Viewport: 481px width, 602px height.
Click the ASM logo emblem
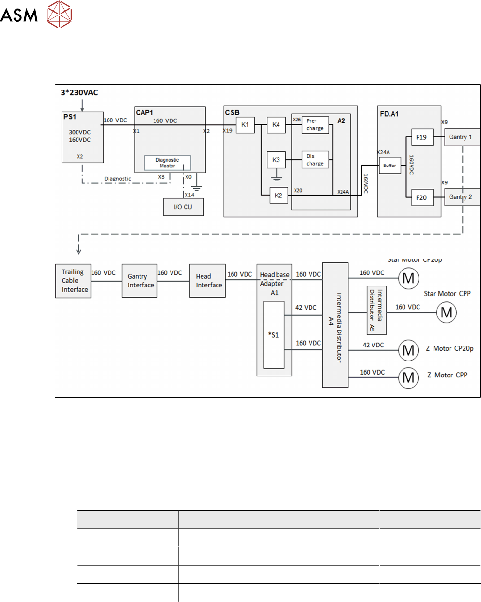[59, 14]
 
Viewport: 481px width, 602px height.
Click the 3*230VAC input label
[79, 92]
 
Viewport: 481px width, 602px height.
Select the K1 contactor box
[245, 125]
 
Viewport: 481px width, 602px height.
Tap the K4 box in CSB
[276, 125]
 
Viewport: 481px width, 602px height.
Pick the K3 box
[276, 160]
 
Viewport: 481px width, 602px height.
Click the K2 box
[278, 196]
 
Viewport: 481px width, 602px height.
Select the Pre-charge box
[315, 125]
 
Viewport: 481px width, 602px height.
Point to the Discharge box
[315, 160]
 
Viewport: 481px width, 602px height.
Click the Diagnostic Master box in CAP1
[168, 163]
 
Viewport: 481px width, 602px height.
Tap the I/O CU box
[183, 207]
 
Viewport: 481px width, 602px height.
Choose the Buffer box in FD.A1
[389, 166]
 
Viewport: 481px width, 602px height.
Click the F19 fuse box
[421, 137]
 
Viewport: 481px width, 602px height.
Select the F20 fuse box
[421, 197]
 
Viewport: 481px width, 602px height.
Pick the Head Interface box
[207, 281]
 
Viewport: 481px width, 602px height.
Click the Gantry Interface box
[140, 281]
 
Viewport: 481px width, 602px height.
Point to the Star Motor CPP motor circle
[447, 313]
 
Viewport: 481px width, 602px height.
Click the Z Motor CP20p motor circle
[408, 350]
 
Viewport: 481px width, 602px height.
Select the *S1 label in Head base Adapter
[274, 335]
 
